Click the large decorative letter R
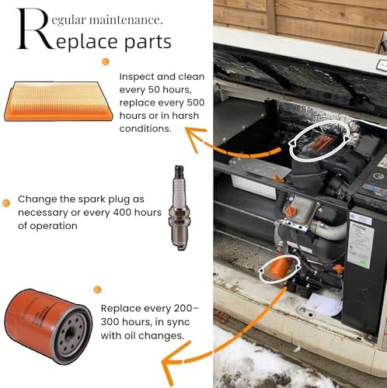pos(33,29)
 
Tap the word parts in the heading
pos(148,42)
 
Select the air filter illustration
pos(59,102)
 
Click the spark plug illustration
pos(178,208)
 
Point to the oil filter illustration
pos(48,327)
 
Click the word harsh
pos(185,116)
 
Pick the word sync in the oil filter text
pos(179,323)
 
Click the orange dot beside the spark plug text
pos(6,203)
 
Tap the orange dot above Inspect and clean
pos(105,61)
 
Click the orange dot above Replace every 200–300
pos(97,289)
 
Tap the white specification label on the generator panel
pos(361,243)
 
